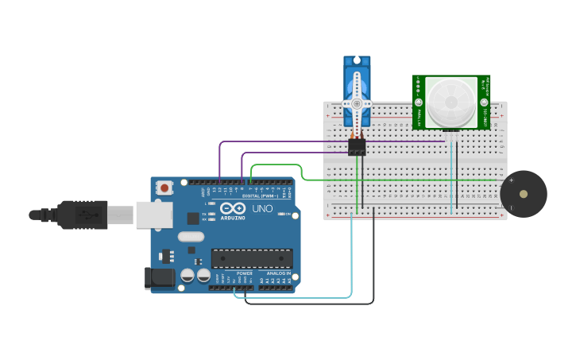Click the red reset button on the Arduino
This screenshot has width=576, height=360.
164,188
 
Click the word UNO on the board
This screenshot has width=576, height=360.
262,208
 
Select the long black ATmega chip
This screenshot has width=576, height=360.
251,258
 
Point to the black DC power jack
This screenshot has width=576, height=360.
159,277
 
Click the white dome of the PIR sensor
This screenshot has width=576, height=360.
450,102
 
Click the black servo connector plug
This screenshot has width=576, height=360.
357,147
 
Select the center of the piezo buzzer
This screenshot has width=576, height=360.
523,194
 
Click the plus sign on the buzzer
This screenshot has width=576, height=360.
511,180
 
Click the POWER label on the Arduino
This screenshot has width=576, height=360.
245,273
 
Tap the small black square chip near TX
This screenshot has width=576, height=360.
193,218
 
